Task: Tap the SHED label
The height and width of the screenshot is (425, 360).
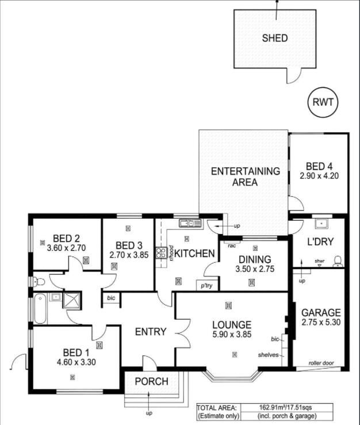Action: (x=275, y=38)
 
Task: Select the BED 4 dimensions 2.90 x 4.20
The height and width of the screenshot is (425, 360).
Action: (x=319, y=176)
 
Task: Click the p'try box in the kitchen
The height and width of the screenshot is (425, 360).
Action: (x=206, y=285)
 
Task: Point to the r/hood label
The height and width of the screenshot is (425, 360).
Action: (x=171, y=253)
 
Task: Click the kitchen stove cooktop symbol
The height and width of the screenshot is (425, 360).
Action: (x=161, y=252)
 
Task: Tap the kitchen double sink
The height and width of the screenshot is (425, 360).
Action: (x=190, y=223)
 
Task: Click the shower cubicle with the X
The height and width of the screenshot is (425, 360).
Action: (x=72, y=300)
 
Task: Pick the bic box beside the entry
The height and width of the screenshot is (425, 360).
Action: (x=111, y=298)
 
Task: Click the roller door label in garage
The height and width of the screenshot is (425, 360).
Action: (x=321, y=363)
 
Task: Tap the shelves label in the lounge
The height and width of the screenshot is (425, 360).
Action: (x=268, y=355)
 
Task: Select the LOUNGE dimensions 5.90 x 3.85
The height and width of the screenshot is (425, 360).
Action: (x=232, y=335)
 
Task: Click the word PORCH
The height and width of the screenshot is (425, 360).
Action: (x=152, y=381)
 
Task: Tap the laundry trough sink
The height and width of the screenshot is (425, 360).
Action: (x=321, y=224)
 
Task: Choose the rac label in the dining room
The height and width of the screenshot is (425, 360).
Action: (x=232, y=246)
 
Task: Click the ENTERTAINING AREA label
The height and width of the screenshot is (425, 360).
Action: (x=245, y=177)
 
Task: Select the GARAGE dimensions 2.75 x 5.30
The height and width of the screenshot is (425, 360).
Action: (x=321, y=322)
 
